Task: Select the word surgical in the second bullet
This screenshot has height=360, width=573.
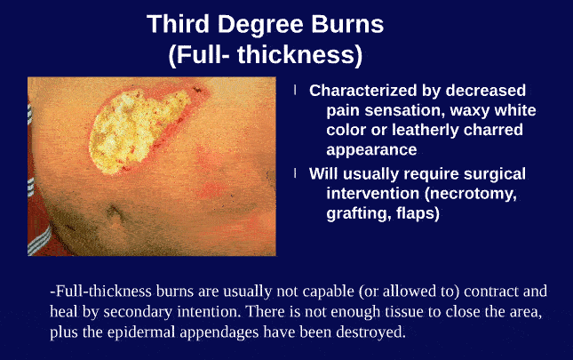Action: pyautogui.click(x=489, y=173)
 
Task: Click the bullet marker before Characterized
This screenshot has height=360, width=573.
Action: pyautogui.click(x=295, y=91)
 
